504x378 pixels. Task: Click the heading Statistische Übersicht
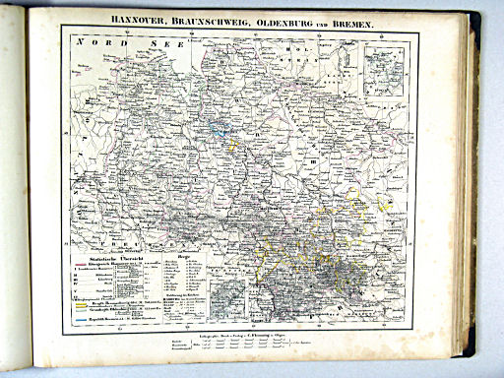(x=107, y=258)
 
